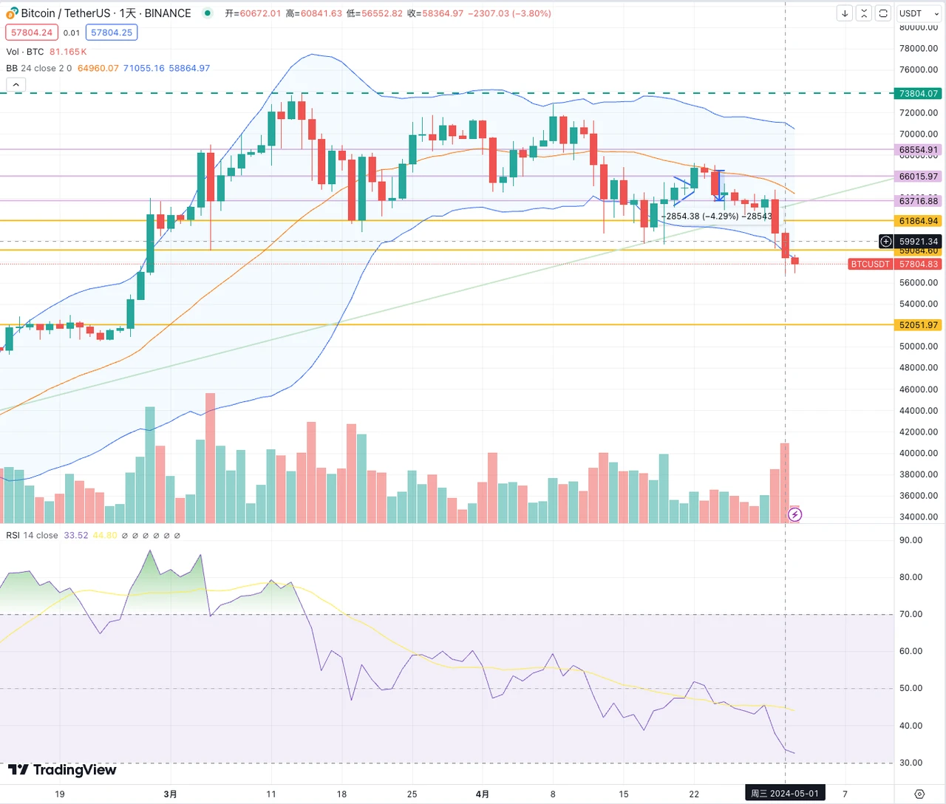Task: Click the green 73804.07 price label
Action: click(918, 94)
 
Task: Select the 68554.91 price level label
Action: click(918, 150)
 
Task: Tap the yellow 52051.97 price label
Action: click(918, 325)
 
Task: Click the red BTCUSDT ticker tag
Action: click(870, 264)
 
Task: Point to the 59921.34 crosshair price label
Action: click(918, 242)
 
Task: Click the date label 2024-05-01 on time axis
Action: click(785, 794)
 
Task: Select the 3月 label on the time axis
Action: click(170, 794)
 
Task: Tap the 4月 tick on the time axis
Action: click(482, 794)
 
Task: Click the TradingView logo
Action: click(62, 770)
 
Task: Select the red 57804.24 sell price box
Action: click(31, 33)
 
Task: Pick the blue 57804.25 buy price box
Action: click(112, 33)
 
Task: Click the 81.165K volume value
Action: click(68, 52)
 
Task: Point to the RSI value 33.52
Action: click(75, 536)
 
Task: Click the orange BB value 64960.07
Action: click(98, 68)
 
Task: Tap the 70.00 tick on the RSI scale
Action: click(911, 614)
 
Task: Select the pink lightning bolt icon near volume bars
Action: click(794, 515)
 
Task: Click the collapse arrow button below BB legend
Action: click(16, 85)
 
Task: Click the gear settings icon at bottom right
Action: click(919, 794)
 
